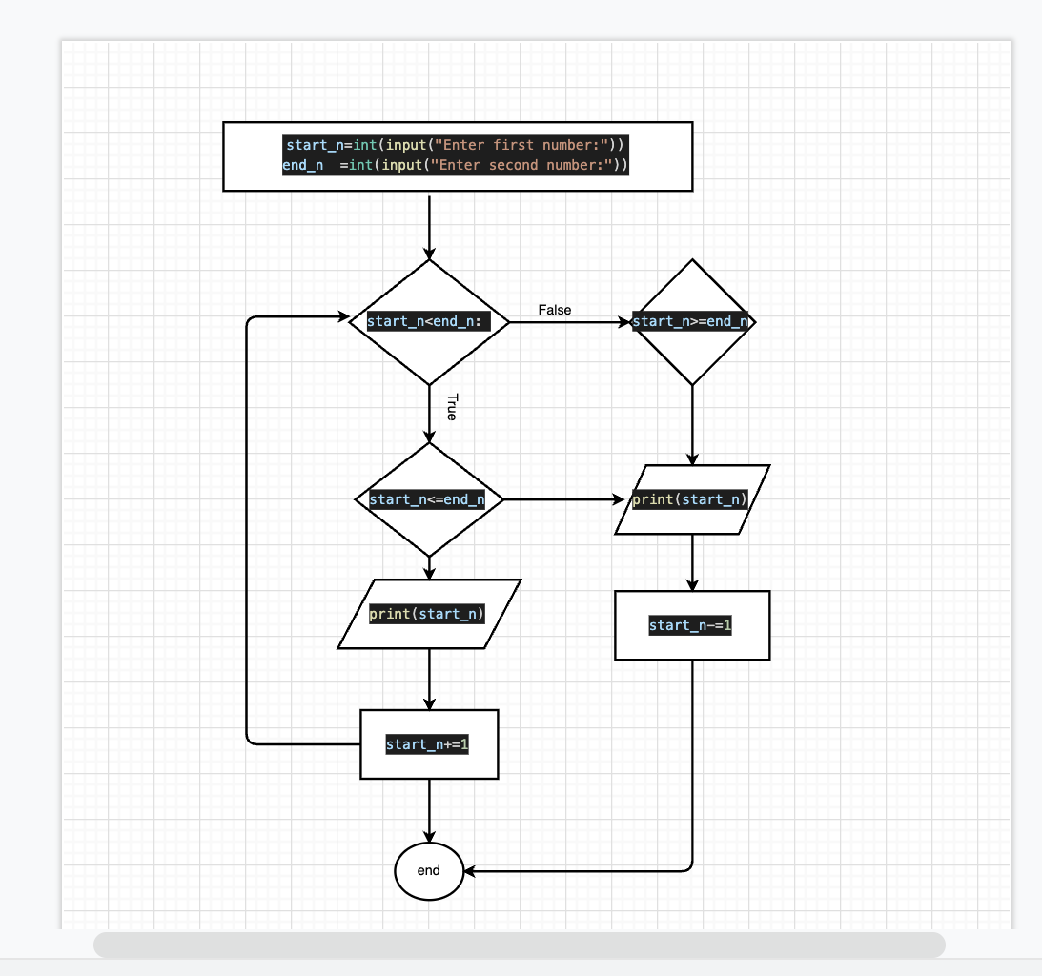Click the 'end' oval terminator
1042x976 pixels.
[x=429, y=871]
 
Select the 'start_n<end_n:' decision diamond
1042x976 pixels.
[x=429, y=322]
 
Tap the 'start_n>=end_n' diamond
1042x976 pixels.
[x=692, y=322]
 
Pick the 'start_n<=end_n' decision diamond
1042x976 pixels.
[x=429, y=499]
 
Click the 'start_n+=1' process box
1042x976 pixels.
[x=429, y=744]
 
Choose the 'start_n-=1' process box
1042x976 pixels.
[x=692, y=625]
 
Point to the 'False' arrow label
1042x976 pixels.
[x=555, y=310]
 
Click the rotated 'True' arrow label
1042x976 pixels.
[x=452, y=407]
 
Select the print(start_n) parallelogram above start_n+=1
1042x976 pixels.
[x=429, y=614]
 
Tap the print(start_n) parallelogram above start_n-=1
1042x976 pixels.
[x=692, y=499]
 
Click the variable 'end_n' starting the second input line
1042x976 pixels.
[x=303, y=165]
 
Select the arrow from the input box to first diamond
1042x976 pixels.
[x=429, y=227]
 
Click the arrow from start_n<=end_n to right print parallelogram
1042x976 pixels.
[x=564, y=499]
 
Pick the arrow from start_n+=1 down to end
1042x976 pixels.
[x=429, y=810]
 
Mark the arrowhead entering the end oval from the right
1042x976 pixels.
[x=469, y=871]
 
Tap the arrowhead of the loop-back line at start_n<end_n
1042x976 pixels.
[x=343, y=317]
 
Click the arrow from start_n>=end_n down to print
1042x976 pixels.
[x=692, y=425]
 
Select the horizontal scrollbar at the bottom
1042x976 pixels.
[x=519, y=945]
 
